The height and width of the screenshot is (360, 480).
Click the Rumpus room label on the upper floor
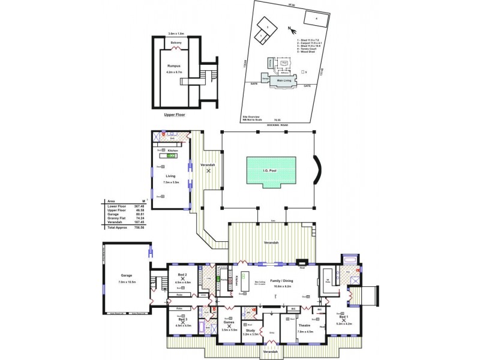pyautogui.click(x=174, y=67)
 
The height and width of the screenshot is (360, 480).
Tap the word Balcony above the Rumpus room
pyautogui.click(x=176, y=43)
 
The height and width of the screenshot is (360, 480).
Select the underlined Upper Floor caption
pyautogui.click(x=175, y=113)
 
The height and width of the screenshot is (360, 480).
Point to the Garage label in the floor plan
pyautogui.click(x=126, y=276)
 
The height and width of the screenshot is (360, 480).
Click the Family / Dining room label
pyautogui.click(x=277, y=281)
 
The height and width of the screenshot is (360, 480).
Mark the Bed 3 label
pyautogui.click(x=182, y=320)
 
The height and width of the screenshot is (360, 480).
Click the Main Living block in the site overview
pyautogui.click(x=283, y=79)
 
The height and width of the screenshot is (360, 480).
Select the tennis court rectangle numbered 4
pyautogui.click(x=315, y=19)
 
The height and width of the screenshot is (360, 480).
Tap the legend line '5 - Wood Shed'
pyautogui.click(x=307, y=52)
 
